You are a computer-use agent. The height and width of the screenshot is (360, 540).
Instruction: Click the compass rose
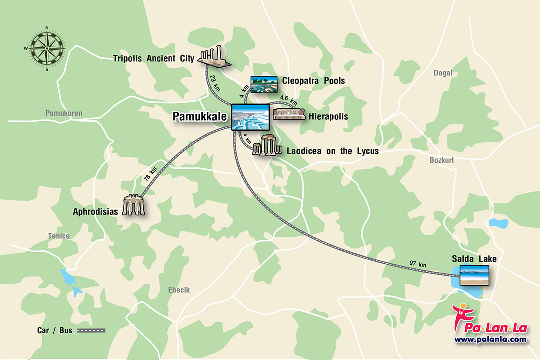click(x=47, y=48)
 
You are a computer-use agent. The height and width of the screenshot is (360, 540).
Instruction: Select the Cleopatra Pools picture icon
click(x=264, y=85)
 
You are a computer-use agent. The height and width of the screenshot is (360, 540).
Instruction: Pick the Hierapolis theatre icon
click(x=289, y=114)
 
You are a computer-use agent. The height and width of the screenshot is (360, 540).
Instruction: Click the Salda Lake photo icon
click(x=471, y=275)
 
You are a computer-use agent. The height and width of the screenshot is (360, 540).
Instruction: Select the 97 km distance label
click(x=418, y=264)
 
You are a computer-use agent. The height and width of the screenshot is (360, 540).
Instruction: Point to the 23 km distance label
click(x=215, y=82)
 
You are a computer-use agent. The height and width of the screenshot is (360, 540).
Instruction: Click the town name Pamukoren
click(x=64, y=113)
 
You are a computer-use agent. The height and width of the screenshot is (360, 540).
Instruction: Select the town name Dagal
click(x=443, y=73)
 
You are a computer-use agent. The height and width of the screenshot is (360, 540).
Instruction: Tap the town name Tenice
click(x=59, y=236)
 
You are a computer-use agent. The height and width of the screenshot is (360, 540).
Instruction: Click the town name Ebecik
click(x=179, y=290)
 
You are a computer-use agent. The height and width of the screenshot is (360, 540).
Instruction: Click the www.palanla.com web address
click(x=490, y=339)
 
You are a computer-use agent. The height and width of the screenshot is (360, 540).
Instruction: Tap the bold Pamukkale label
click(x=200, y=117)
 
